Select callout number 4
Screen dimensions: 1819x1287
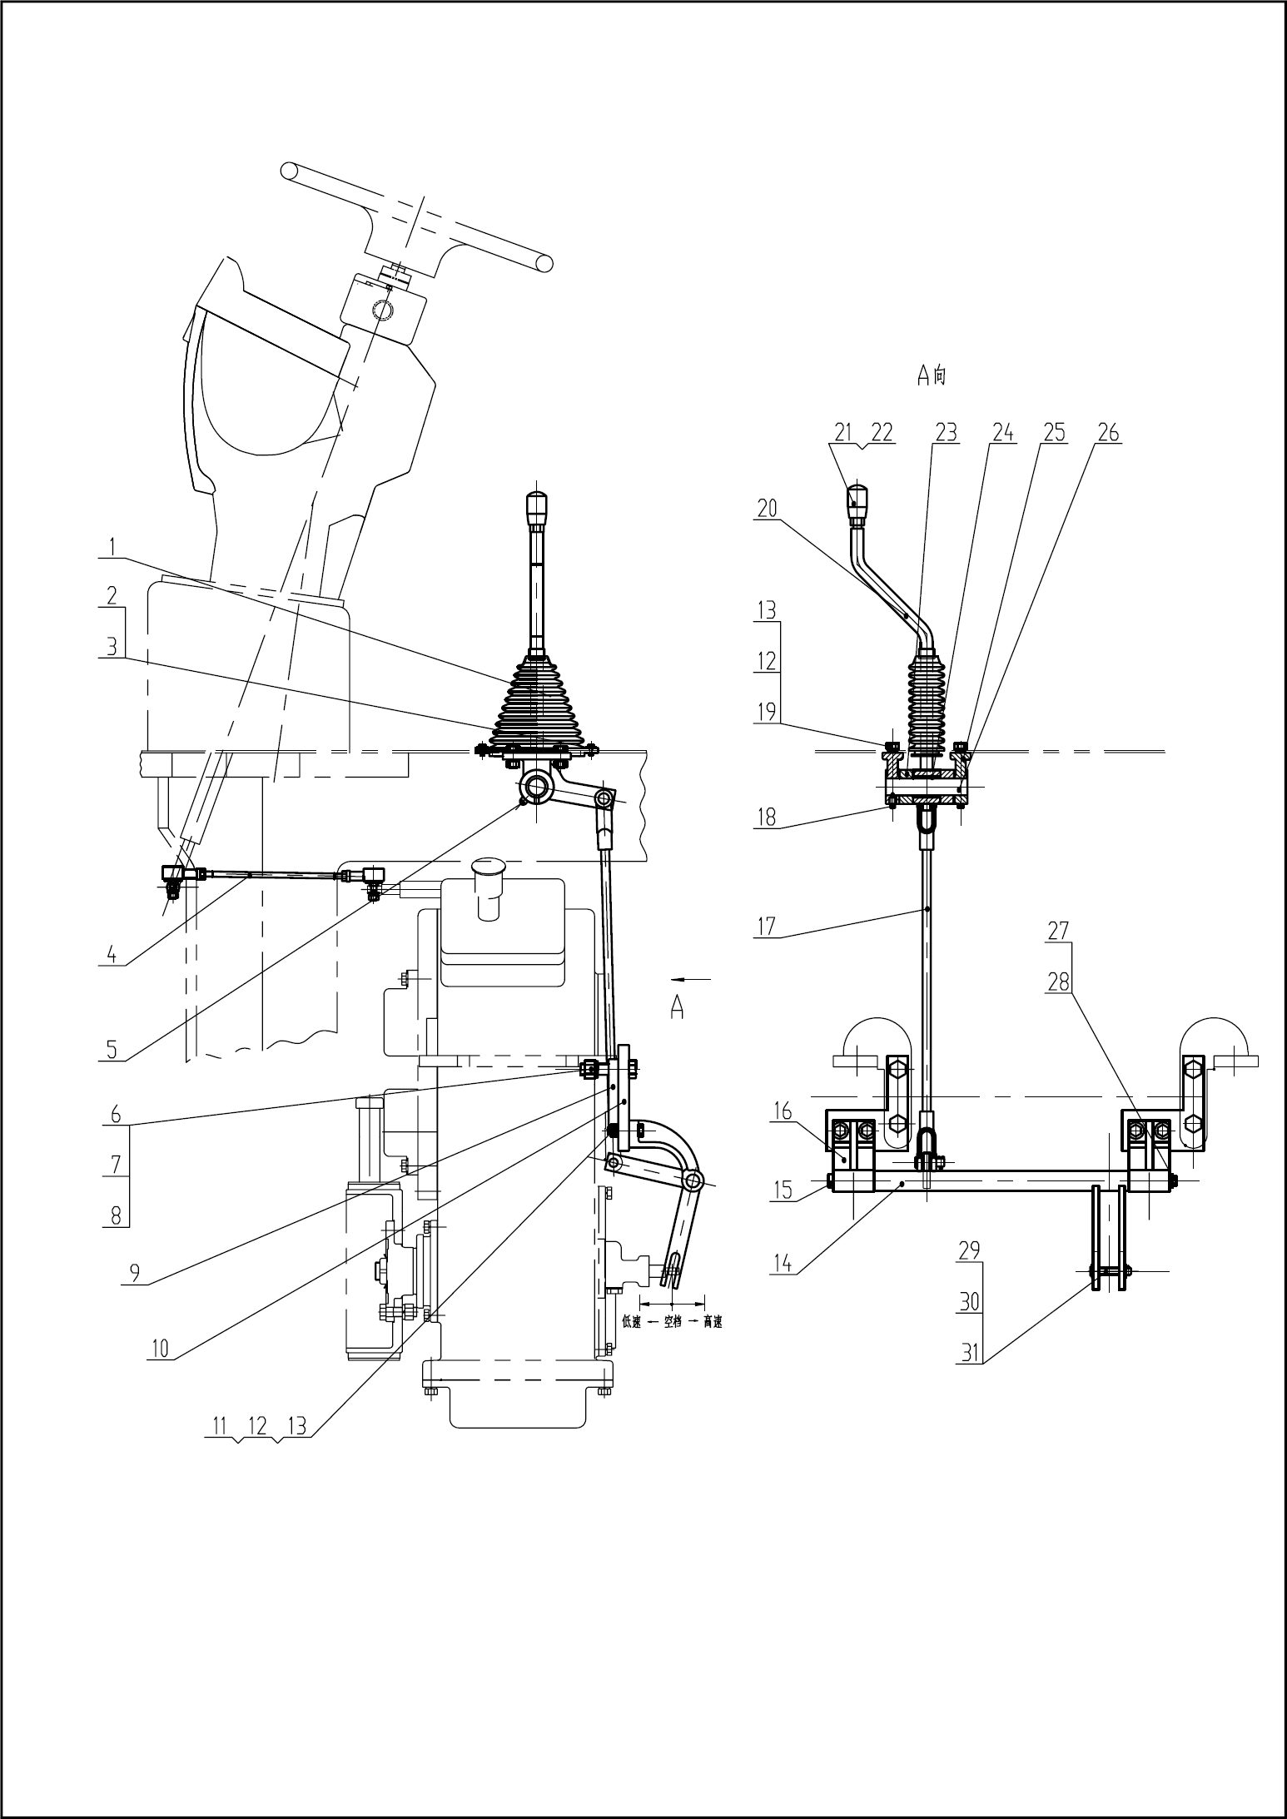(x=112, y=954)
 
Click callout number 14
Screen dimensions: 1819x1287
(x=782, y=1263)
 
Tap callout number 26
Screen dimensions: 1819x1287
(x=1108, y=433)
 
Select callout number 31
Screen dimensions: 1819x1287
(x=969, y=1353)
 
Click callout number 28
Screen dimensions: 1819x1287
(x=1058, y=982)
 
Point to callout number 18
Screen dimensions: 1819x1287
(x=767, y=817)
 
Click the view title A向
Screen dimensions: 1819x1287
(x=932, y=376)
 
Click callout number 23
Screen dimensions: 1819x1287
(x=946, y=433)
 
